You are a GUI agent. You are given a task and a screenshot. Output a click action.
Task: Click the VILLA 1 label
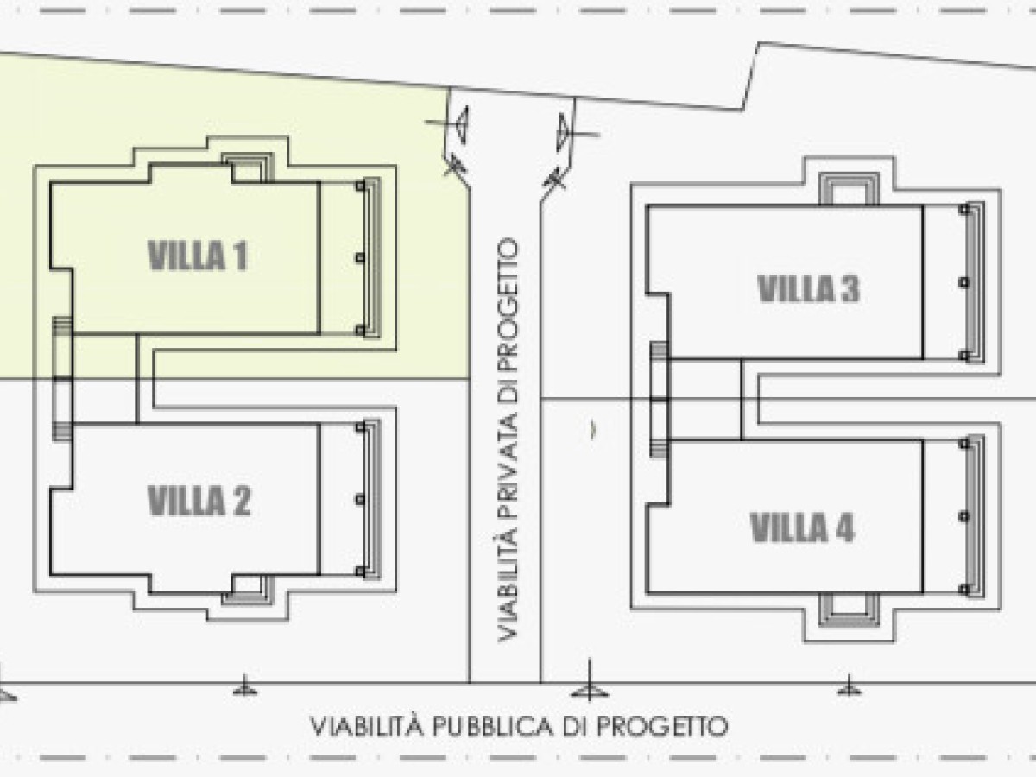coord(198,256)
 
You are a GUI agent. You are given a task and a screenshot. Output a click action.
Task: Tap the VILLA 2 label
coord(199,501)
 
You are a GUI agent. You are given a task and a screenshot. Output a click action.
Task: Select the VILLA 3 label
coord(809,288)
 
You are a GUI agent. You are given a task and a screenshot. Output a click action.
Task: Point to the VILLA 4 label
coord(802,527)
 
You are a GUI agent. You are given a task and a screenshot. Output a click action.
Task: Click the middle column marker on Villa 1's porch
coord(360,257)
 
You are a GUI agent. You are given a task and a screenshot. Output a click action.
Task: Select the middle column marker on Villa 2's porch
coord(360,500)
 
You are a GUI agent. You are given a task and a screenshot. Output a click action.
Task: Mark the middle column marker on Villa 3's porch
coord(964,282)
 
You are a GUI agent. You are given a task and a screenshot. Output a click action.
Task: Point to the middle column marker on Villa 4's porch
coord(964,517)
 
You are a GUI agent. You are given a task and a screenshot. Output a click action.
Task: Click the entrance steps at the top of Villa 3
coord(849,189)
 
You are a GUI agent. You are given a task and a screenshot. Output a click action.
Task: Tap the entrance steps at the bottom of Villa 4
coord(849,610)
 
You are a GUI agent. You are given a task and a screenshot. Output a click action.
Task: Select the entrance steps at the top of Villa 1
coord(248,168)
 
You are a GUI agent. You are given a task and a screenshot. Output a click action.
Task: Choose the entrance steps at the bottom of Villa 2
coord(248,591)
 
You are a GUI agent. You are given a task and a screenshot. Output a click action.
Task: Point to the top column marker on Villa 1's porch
coord(360,186)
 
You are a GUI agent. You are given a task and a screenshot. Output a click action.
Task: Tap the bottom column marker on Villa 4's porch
coord(964,590)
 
